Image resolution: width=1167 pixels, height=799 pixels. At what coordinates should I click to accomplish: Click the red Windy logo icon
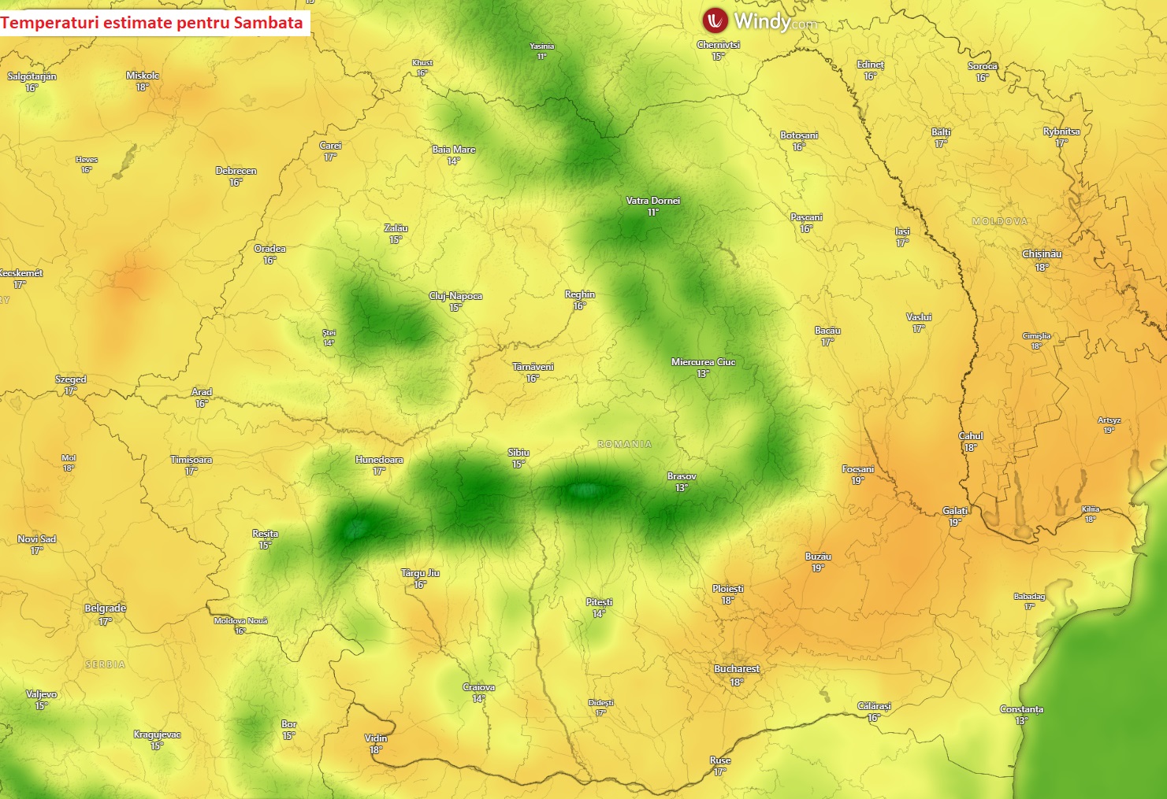tap(715, 20)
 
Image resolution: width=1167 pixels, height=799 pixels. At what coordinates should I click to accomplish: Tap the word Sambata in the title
tap(268, 22)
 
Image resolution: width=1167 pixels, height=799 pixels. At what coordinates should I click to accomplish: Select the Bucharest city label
tap(737, 669)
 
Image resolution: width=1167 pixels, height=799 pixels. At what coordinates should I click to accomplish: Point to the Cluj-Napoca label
tap(455, 296)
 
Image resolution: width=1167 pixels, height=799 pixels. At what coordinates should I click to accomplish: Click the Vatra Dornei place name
tap(652, 201)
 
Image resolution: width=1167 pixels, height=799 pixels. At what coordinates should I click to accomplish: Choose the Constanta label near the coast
tap(1021, 709)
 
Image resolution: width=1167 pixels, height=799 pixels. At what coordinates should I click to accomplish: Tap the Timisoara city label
tap(191, 460)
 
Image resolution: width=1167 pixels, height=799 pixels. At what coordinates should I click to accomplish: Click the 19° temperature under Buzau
tap(818, 568)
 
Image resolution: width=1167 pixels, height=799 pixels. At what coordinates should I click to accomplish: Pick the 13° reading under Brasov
tap(682, 488)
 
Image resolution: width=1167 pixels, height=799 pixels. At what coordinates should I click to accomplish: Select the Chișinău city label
tap(1042, 254)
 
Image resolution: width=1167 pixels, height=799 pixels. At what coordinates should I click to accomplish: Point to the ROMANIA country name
tap(625, 445)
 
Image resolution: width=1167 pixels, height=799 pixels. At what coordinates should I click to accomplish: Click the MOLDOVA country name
tap(1000, 221)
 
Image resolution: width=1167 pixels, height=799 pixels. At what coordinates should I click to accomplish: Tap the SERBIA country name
tap(106, 665)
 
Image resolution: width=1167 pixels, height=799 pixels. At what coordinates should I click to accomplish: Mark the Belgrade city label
tap(106, 608)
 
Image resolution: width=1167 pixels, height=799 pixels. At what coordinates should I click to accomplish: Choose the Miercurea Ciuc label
tap(703, 362)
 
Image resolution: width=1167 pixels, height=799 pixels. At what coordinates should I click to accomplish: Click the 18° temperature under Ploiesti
tap(727, 601)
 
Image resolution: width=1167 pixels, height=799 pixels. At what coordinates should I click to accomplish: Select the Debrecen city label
tap(236, 171)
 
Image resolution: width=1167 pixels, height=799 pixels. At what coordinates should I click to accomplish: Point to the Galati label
tap(955, 511)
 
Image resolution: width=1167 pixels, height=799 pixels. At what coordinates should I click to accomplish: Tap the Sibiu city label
tap(518, 453)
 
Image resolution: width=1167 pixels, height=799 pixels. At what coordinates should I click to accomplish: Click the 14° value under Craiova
tap(478, 699)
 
